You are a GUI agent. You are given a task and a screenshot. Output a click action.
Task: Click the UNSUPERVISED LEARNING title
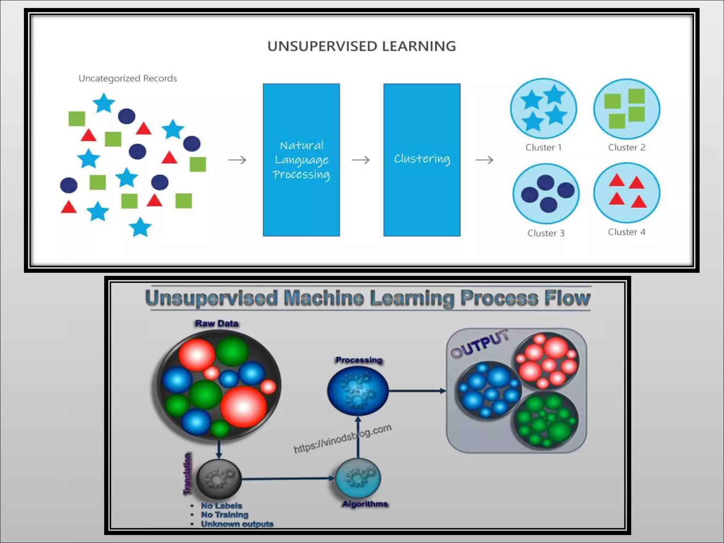(x=361, y=46)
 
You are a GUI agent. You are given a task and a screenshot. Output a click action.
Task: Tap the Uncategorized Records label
(x=128, y=78)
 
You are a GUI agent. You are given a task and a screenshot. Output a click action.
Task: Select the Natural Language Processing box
(x=301, y=160)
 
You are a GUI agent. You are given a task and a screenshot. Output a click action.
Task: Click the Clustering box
(x=422, y=160)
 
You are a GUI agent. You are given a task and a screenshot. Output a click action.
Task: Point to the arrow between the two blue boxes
(x=361, y=160)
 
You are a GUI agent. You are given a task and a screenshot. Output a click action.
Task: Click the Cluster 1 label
(x=543, y=147)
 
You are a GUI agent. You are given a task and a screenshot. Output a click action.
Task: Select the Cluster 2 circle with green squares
(x=626, y=109)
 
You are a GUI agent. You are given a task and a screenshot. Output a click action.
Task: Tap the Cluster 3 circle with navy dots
(x=546, y=193)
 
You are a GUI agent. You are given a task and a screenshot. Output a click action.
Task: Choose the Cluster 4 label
(x=626, y=232)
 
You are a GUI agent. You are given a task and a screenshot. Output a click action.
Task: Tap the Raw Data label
(x=217, y=323)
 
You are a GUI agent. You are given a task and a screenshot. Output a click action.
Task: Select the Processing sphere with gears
(x=358, y=391)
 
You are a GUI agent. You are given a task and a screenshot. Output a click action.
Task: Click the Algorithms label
(x=365, y=504)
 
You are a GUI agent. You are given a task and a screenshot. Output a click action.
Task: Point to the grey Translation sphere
(x=219, y=479)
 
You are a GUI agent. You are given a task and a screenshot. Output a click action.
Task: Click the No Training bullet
(x=224, y=515)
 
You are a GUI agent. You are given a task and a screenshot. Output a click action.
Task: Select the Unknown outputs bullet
(x=237, y=524)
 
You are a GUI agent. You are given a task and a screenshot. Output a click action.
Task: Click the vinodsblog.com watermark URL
(x=342, y=439)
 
